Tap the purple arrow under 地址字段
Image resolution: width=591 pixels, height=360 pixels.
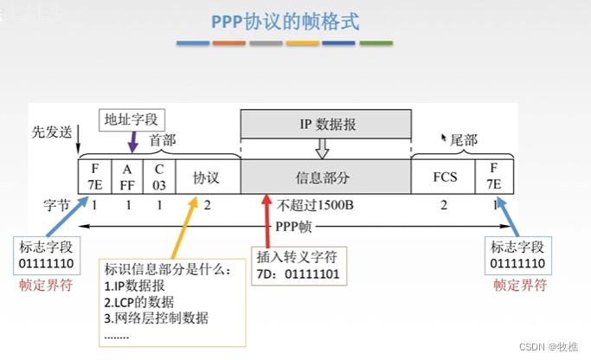132,141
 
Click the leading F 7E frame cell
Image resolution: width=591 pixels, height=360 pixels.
94,177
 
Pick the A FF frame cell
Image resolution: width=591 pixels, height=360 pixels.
127,177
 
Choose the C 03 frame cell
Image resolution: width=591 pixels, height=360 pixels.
159,177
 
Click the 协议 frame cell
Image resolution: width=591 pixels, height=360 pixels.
206,177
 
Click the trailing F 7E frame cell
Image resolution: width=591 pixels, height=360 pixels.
492,177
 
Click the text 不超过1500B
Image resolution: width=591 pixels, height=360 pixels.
312,206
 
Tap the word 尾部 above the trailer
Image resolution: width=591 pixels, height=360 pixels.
465,139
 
